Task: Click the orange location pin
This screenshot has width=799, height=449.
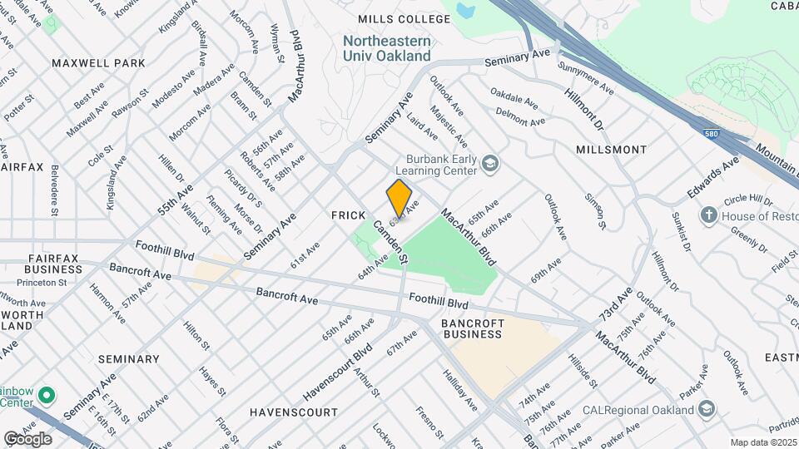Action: (x=399, y=199)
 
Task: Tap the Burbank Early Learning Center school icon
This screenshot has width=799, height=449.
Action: (x=489, y=164)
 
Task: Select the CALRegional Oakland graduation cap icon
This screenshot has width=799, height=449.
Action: (x=707, y=409)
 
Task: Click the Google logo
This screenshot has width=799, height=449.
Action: (x=27, y=438)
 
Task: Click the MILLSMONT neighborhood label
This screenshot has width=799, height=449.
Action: (x=611, y=150)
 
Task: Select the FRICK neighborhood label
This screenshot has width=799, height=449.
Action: (x=349, y=215)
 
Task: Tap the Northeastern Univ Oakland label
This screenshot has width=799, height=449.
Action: (x=387, y=48)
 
